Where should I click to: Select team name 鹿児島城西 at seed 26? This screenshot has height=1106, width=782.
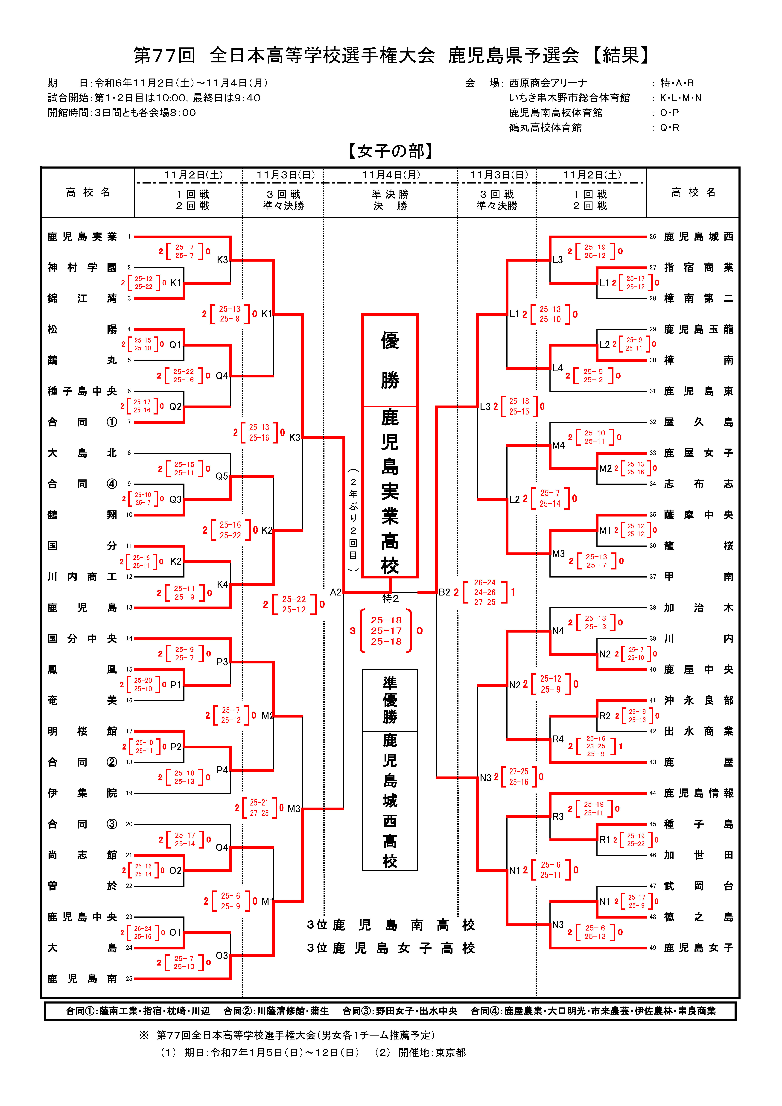click(x=699, y=236)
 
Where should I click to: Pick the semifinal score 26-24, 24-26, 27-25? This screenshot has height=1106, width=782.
click(x=485, y=592)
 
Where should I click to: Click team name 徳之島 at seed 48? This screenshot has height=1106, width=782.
click(x=699, y=917)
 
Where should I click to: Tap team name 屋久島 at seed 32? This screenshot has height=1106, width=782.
click(x=699, y=422)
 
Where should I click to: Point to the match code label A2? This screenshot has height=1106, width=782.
click(x=336, y=592)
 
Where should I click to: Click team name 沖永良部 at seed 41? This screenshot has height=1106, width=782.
click(x=699, y=700)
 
